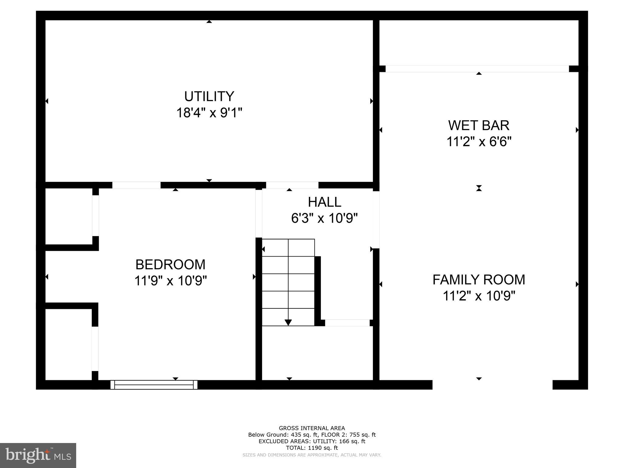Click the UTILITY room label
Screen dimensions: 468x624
coord(209,97)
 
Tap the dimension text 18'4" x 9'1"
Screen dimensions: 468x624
coord(209,113)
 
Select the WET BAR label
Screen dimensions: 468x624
coord(479,126)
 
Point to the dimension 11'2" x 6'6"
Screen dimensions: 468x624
coord(479,142)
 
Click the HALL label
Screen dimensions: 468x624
coord(324,202)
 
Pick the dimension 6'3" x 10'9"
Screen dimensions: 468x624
coord(324,218)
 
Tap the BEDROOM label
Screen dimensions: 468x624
coord(170,264)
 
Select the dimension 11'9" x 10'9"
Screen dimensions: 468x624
coord(170,281)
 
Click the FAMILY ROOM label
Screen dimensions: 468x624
coord(479,280)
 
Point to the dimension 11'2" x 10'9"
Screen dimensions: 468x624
coord(479,296)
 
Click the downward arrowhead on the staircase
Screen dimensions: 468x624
coord(288,322)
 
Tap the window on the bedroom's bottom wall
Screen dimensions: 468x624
coord(154,385)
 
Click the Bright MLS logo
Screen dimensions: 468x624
coord(38,456)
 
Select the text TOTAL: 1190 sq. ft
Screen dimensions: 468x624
coord(312,448)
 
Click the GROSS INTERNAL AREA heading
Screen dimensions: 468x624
coord(312,428)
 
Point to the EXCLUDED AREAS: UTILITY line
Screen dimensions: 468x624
coord(312,441)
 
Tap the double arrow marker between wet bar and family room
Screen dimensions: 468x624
coord(479,188)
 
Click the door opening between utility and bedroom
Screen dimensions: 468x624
coord(136,185)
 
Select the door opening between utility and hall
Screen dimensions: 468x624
coord(292,185)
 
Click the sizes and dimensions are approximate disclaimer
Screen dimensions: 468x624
coord(312,455)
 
